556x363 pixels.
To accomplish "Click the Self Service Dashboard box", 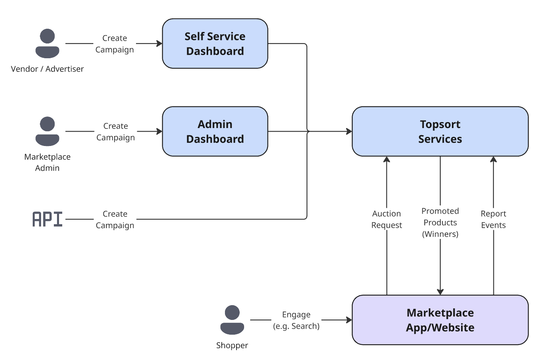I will click(215, 43).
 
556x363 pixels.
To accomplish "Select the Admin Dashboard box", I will click(215, 131).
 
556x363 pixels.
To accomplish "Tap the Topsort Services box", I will click(440, 131).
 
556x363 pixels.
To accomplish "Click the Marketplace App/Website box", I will click(440, 320).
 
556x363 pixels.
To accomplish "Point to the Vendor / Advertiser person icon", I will click(47, 43).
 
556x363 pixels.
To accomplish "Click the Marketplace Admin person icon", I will click(47, 131).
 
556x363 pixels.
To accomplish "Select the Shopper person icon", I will click(232, 320).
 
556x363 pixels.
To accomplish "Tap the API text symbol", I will click(47, 219).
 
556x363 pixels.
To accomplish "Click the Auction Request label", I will click(386, 219).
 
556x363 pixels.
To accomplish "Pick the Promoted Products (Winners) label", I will click(440, 223).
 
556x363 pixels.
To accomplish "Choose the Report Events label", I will click(493, 219).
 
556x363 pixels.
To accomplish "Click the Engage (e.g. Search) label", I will click(296, 320).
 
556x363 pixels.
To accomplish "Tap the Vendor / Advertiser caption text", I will click(47, 69).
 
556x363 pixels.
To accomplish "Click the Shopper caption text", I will click(232, 345).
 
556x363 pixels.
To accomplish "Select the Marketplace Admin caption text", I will click(47, 162).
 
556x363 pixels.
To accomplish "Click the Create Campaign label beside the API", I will click(115, 219).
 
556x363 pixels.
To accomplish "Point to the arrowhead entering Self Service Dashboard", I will click(160, 43).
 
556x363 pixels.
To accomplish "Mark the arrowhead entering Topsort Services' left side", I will click(349, 131).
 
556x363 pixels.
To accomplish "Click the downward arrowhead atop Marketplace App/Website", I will click(440, 292).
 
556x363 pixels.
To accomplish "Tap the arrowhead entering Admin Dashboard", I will click(160, 131).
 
